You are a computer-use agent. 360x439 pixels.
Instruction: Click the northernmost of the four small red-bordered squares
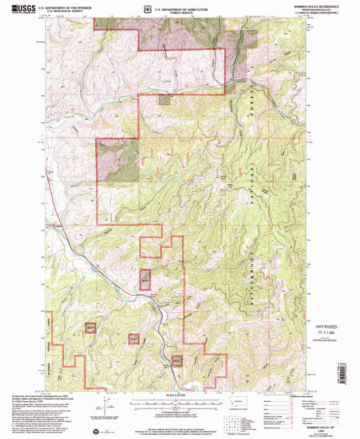(145, 279)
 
